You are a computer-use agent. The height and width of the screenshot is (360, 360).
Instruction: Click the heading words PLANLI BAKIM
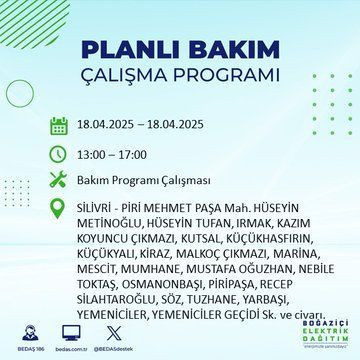[181, 50]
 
